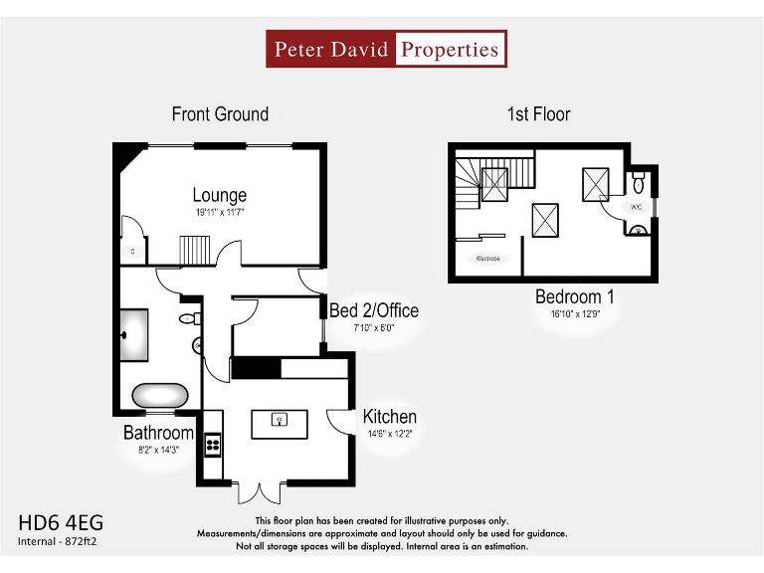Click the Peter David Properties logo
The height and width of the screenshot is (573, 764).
point(386,49)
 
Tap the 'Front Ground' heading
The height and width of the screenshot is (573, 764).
point(220,114)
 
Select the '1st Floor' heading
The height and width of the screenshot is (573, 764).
point(538,114)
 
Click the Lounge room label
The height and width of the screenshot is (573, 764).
point(219,195)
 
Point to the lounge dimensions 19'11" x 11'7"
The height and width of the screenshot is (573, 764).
point(219,212)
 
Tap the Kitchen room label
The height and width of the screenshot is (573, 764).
point(389,417)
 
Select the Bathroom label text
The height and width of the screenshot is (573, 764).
point(158,433)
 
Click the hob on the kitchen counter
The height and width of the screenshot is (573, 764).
point(212,444)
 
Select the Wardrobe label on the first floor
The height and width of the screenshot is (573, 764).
point(486,259)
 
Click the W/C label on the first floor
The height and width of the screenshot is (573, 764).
point(638,207)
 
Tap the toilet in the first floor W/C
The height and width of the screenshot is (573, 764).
point(639,182)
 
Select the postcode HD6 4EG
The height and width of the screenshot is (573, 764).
point(61,522)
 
